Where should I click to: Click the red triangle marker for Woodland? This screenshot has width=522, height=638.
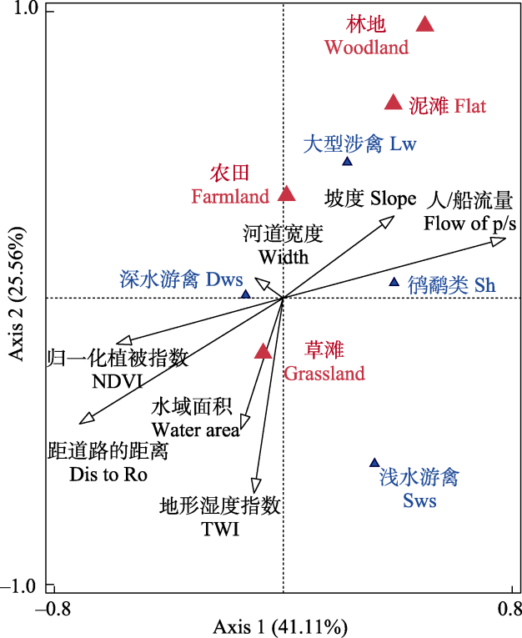[425, 24]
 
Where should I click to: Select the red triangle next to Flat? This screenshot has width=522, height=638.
[394, 103]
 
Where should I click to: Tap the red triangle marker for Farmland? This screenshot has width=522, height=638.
[287, 194]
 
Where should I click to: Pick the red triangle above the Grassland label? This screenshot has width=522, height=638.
[264, 352]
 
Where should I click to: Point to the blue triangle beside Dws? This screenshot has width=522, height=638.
[245, 294]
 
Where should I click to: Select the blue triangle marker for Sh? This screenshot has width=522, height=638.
[394, 283]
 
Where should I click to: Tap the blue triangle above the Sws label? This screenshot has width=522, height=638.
[374, 463]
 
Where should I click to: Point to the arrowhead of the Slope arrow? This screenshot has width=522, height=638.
[388, 219]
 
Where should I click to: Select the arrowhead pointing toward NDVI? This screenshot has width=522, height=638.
[123, 340]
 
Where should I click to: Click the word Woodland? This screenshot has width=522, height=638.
[367, 48]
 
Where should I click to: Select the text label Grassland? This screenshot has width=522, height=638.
[324, 374]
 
